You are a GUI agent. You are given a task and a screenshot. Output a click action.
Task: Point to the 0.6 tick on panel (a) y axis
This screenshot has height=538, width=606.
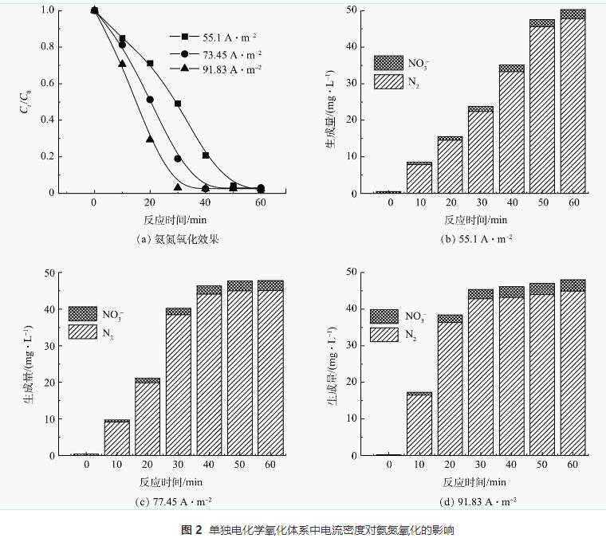[49, 83]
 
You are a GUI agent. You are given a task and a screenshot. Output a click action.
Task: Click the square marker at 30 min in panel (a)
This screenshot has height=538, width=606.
[178, 104]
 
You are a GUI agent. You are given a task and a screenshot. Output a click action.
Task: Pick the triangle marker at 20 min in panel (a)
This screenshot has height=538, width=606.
[150, 139]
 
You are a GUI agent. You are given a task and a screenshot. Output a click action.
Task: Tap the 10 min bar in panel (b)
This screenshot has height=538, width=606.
[419, 178]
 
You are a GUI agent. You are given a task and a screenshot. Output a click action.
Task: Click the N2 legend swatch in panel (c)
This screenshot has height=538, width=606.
[83, 332]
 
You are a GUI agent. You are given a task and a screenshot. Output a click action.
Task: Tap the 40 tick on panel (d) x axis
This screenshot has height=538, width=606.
[511, 465]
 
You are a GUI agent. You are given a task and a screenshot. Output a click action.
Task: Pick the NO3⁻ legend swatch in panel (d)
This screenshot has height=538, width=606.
[384, 316]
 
